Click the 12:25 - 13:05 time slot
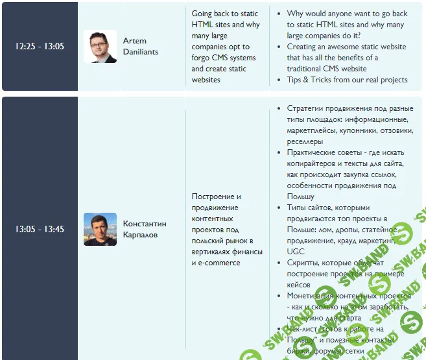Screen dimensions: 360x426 [40, 46]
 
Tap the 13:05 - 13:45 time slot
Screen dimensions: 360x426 [40, 229]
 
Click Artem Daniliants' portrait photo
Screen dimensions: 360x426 [100, 47]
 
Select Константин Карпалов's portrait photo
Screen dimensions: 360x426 [100, 230]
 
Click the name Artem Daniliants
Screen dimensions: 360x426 [141, 46]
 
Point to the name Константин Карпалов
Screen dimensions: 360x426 [145, 229]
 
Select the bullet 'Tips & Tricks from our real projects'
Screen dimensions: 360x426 [347, 80]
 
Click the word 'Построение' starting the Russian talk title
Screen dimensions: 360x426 [216, 196]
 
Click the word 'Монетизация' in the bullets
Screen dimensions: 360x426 [313, 296]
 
